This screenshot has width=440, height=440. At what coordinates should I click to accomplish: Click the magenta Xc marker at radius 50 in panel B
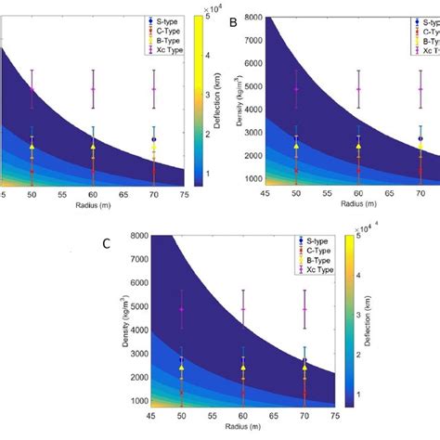[x=296, y=89]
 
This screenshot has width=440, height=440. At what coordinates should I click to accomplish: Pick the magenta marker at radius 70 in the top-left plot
[x=154, y=89]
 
